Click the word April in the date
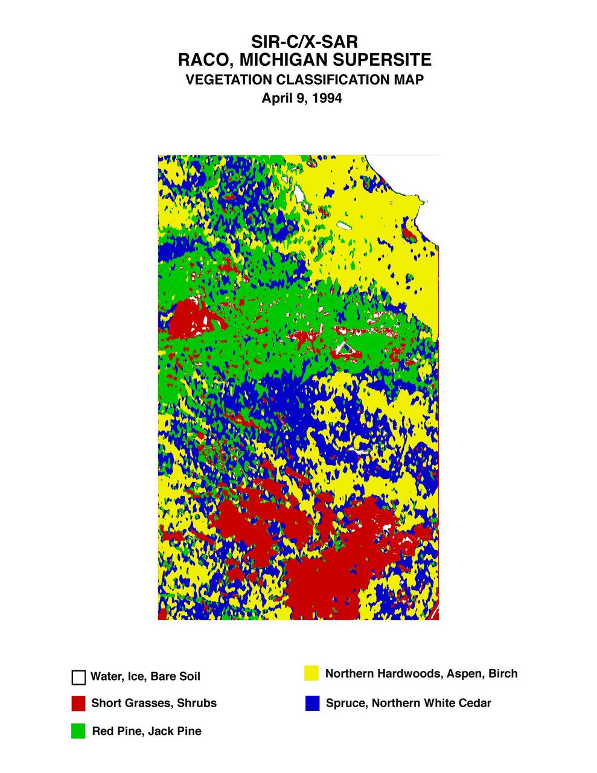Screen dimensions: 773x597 (x=275, y=98)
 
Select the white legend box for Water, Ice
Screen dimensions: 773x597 (x=78, y=678)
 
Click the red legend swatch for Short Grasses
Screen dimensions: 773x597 (x=78, y=704)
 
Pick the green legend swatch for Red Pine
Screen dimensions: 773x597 (x=78, y=731)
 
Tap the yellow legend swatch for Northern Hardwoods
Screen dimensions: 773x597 (x=311, y=673)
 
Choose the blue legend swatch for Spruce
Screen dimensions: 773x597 (x=312, y=703)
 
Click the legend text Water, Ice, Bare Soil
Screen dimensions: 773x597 (x=145, y=677)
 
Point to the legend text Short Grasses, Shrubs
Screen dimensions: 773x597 (x=154, y=703)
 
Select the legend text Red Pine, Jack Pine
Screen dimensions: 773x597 (x=147, y=731)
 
